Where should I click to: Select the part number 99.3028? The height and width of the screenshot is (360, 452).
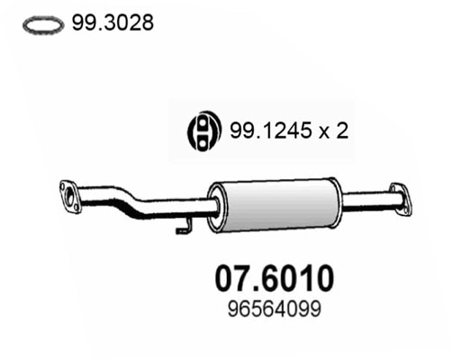(x=110, y=24)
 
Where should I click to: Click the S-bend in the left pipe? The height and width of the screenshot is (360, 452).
(x=135, y=203)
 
